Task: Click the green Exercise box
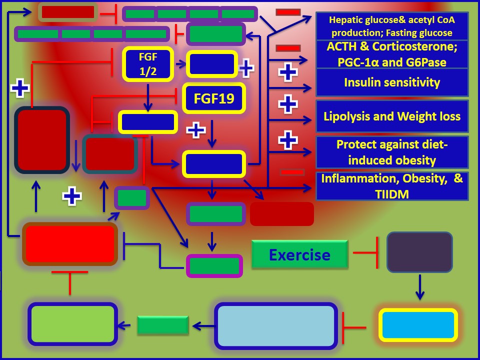click(299, 254)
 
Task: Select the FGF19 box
click(214, 98)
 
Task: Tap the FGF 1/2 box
click(147, 63)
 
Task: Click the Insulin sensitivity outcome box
click(392, 82)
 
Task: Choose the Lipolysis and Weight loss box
click(392, 116)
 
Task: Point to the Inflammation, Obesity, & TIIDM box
click(392, 186)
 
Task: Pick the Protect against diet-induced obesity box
click(392, 152)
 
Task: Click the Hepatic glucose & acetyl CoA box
click(392, 26)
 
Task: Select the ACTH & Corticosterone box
click(392, 54)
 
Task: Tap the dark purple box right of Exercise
click(419, 252)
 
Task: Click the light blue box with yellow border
click(418, 324)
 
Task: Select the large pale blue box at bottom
click(276, 325)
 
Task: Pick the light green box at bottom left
click(72, 324)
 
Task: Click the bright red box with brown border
click(70, 243)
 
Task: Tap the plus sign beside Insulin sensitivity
click(287, 72)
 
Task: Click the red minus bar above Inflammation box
click(292, 172)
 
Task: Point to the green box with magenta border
click(214, 265)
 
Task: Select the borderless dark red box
click(282, 214)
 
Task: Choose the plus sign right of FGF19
click(196, 130)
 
